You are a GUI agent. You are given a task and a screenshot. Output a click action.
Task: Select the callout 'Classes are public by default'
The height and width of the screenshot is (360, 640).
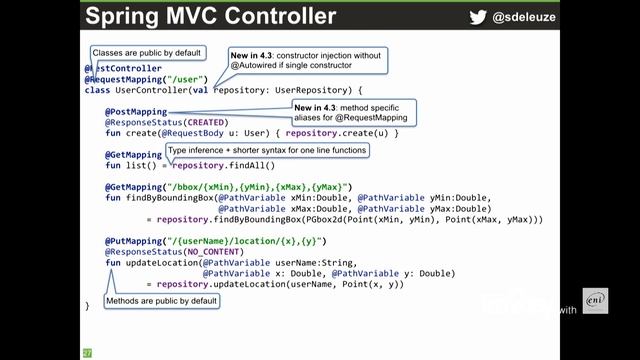pyautogui.click(x=146, y=52)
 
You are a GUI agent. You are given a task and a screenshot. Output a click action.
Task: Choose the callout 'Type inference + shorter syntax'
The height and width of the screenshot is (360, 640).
pyautogui.click(x=267, y=150)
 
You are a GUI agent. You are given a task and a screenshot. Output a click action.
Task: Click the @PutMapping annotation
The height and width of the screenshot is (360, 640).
pyautogui.click(x=134, y=242)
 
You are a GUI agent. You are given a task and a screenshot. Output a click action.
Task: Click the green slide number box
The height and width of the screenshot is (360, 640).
pyautogui.click(x=87, y=352)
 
